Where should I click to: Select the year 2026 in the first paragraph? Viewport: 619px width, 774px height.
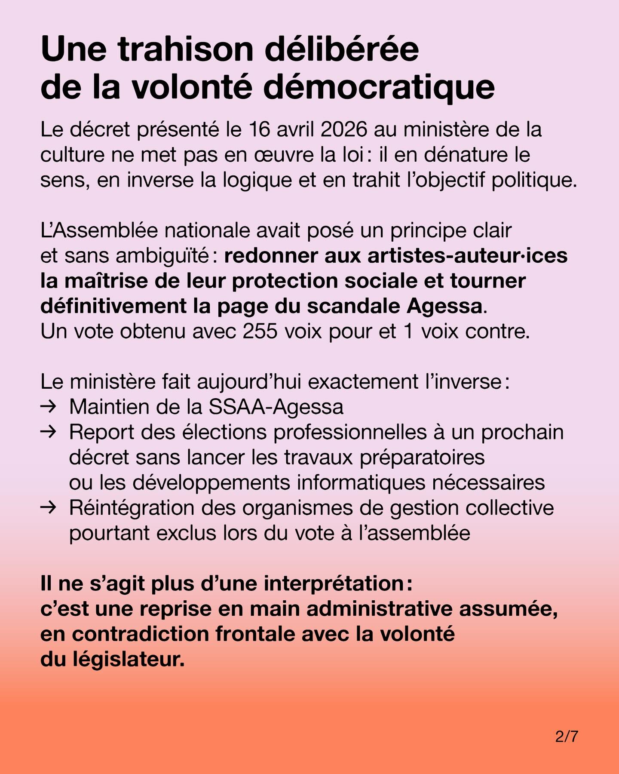(343, 130)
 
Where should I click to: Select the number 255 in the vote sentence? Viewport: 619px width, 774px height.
(260, 332)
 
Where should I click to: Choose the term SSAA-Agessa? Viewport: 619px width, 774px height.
(276, 407)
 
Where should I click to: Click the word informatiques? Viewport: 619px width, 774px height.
(367, 482)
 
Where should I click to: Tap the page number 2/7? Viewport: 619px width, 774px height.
(566, 737)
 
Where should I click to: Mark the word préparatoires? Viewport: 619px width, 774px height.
(422, 458)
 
